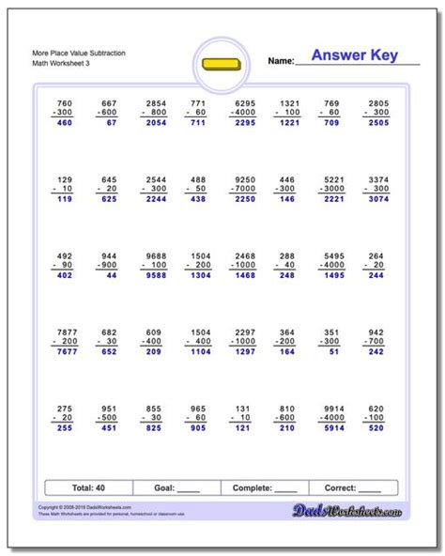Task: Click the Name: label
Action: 281,61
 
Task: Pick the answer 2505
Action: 376,122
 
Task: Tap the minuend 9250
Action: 246,179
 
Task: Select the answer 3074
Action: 376,199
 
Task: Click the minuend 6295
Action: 246,102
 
